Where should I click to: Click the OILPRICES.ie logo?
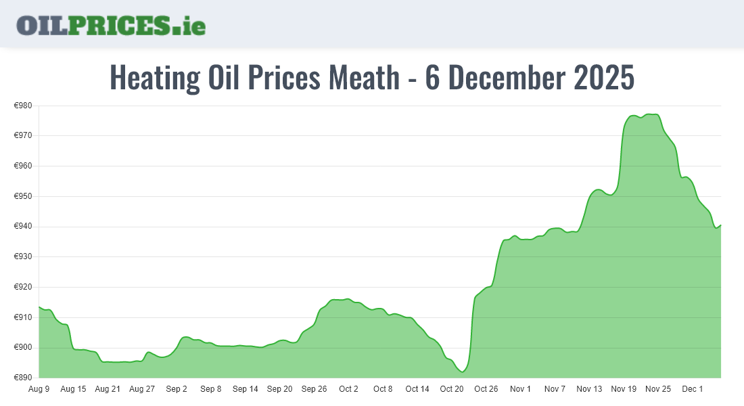[111, 25]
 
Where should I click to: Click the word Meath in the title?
[364, 78]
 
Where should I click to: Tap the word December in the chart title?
[507, 78]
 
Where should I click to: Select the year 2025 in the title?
[604, 78]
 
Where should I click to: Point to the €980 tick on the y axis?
[24, 106]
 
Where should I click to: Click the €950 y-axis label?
[24, 196]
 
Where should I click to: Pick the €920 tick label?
[24, 287]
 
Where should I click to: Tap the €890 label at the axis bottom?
[24, 378]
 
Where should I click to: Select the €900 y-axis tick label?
[24, 348]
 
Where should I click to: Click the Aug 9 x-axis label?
[39, 389]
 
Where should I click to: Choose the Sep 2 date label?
[177, 389]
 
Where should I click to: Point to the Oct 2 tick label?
[348, 389]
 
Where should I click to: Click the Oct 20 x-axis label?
[451, 389]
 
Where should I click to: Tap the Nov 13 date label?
[589, 389]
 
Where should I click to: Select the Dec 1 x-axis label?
[693, 389]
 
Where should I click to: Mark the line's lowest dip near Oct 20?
[462, 371]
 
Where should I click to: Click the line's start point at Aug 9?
[39, 307]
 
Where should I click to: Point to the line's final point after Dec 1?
[720, 225]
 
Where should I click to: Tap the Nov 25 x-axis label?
[658, 389]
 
